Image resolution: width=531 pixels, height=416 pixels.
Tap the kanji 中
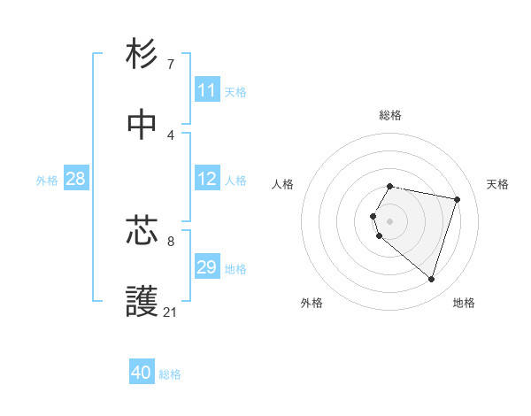pyautogui.click(x=142, y=125)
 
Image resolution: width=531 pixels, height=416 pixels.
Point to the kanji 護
pyautogui.click(x=142, y=302)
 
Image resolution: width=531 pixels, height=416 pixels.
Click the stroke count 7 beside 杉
pyautogui.click(x=171, y=64)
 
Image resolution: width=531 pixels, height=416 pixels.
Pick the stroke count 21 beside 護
pyautogui.click(x=171, y=312)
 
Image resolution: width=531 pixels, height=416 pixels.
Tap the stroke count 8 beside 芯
pyautogui.click(x=171, y=240)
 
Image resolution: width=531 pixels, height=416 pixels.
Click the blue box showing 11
pyautogui.click(x=207, y=90)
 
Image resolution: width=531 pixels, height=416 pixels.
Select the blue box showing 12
pyautogui.click(x=207, y=179)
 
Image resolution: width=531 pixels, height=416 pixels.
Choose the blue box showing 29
pyautogui.click(x=207, y=267)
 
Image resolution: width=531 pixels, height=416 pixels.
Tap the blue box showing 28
pyautogui.click(x=76, y=179)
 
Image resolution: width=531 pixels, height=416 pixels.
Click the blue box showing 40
pyautogui.click(x=142, y=373)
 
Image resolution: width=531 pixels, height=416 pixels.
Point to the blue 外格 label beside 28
pyautogui.click(x=47, y=180)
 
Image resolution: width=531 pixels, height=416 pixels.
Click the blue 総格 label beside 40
pyautogui.click(x=170, y=374)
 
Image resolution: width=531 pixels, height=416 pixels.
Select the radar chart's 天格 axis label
pyautogui.click(x=497, y=184)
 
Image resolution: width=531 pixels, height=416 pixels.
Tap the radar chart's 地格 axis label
pyautogui.click(x=464, y=303)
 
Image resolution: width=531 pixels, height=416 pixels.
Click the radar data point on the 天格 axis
pyautogui.click(x=457, y=199)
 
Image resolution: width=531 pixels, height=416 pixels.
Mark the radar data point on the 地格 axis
pyautogui.click(x=431, y=280)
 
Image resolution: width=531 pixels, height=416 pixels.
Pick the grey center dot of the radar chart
pyautogui.click(x=390, y=220)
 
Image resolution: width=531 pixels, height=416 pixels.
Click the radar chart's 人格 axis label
pyautogui.click(x=283, y=184)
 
